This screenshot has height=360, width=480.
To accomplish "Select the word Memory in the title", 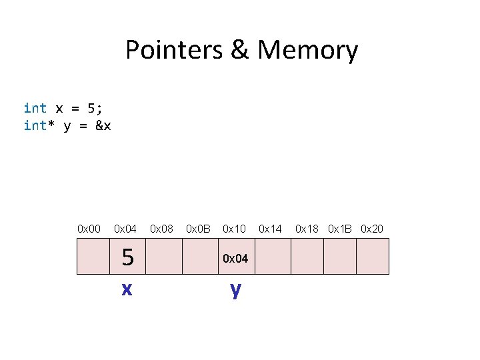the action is (x=307, y=51).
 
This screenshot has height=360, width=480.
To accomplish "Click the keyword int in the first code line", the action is (x=35, y=108).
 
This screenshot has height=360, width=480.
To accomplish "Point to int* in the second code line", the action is (x=39, y=125).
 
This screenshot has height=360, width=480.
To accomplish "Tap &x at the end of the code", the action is (x=103, y=125).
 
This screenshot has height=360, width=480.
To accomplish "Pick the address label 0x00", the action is (x=89, y=229).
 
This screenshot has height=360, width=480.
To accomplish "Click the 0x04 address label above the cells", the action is (x=125, y=229).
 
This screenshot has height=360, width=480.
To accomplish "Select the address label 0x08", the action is (x=161, y=229).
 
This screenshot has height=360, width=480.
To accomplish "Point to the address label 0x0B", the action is (x=198, y=229).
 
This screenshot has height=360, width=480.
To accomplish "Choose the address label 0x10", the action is (x=234, y=229).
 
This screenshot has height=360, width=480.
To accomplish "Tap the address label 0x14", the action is (x=270, y=229).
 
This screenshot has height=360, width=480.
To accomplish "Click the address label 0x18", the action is (x=307, y=229).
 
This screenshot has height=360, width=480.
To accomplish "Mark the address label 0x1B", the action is (x=339, y=229).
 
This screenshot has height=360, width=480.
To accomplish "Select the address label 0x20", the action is (x=372, y=229).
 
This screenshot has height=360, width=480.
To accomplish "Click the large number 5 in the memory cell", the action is (x=127, y=257).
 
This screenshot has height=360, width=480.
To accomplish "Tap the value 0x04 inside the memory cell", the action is (x=235, y=258).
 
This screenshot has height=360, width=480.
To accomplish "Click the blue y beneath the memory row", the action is (x=235, y=289).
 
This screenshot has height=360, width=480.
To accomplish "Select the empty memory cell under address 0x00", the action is (x=93, y=257).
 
